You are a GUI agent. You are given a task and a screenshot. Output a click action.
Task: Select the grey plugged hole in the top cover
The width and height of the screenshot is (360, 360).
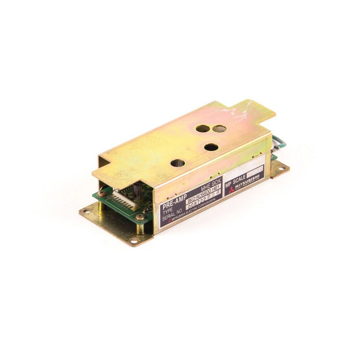pyautogui.click(x=217, y=129)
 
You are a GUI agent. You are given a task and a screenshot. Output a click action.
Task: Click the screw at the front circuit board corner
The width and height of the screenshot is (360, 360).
pyautogui.click(x=139, y=217)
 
